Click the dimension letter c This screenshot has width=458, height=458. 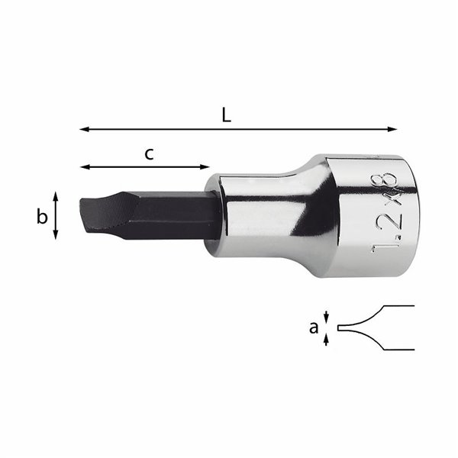tap(150, 153)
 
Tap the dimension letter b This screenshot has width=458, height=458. tap(42, 218)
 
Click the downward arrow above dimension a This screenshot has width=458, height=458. tap(327, 316)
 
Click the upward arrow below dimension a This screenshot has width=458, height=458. tap(327, 340)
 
